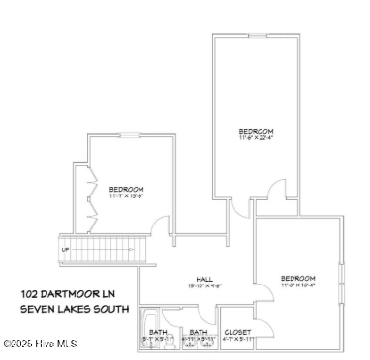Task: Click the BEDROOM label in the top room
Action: click(x=257, y=131)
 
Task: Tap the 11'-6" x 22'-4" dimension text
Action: click(x=257, y=138)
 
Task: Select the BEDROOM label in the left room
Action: click(x=127, y=188)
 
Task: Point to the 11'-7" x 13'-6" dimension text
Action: click(x=127, y=195)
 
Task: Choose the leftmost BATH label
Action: click(x=158, y=332)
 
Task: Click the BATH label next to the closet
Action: click(x=198, y=332)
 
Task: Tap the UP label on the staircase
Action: click(x=66, y=249)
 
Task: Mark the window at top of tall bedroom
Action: click(x=256, y=37)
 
